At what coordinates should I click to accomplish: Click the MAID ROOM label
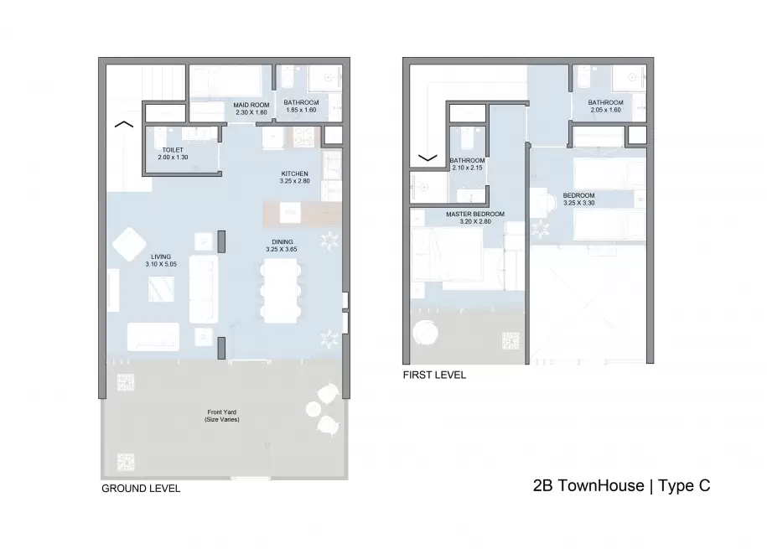[x=251, y=105]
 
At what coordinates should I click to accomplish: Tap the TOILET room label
[x=173, y=150]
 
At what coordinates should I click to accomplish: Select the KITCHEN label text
[x=294, y=174]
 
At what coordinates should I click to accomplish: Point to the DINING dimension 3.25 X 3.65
[x=282, y=249]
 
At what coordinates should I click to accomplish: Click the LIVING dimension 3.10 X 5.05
[x=161, y=264]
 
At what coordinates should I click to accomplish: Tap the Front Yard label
[x=221, y=412]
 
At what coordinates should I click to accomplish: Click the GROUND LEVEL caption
[x=141, y=489]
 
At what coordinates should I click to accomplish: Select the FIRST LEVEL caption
[x=434, y=375]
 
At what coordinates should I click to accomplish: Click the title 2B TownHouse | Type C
[x=621, y=485]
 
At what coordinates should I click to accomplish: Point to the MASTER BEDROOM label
[x=475, y=214]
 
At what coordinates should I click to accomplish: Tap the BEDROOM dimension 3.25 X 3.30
[x=578, y=203]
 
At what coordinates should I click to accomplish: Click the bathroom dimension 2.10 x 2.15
[x=467, y=168]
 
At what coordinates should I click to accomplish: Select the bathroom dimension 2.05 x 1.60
[x=605, y=110]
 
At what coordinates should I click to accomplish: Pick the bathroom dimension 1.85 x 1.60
[x=301, y=110]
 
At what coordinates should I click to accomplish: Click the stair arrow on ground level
[x=124, y=124]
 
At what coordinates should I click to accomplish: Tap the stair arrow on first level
[x=428, y=158]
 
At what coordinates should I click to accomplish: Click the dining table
[x=281, y=290]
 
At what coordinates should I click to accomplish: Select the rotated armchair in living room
[x=129, y=244]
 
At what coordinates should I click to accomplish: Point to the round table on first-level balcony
[x=425, y=334]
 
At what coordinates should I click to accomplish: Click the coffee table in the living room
[x=161, y=289]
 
